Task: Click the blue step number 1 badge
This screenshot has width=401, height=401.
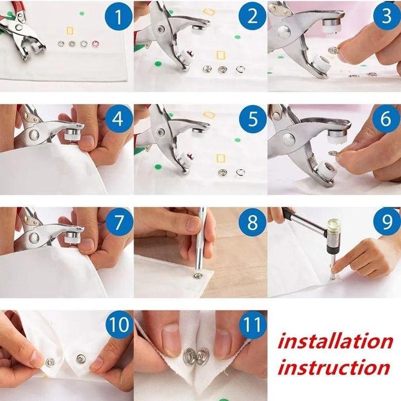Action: coord(119,16)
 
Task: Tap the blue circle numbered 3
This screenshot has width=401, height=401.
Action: coord(386,16)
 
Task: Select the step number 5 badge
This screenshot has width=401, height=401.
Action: coord(252,119)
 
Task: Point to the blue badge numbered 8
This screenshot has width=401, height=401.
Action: coord(252,222)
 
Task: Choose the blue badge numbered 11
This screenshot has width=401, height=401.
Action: coord(253,325)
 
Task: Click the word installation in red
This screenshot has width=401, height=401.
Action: coord(336,342)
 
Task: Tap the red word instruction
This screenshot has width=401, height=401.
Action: coord(334,368)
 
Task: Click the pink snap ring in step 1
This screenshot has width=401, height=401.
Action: coord(96,43)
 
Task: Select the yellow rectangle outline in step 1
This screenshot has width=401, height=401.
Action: coord(70,31)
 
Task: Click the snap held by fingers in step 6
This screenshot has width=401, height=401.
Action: coord(333,154)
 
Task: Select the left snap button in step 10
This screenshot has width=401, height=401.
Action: coord(50,362)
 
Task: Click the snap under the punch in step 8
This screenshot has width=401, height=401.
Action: coord(197,276)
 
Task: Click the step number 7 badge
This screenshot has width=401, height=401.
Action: coord(119,222)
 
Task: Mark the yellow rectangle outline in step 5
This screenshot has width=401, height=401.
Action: coord(221,158)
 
